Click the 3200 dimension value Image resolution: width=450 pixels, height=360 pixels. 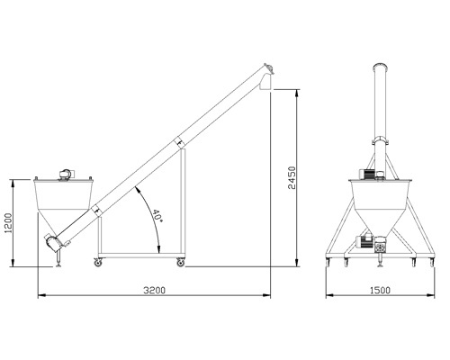click(154, 290)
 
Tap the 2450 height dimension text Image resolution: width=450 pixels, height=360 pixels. click(292, 178)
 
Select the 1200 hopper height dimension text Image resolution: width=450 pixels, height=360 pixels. click(8, 223)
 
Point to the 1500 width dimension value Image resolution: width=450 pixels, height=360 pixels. click(380, 290)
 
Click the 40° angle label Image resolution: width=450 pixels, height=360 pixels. click(157, 216)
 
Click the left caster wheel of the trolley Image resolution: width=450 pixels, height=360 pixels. click(98, 263)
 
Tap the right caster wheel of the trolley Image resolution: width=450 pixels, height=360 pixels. click(180, 263)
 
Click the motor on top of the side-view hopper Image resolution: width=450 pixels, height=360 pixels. click(67, 175)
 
